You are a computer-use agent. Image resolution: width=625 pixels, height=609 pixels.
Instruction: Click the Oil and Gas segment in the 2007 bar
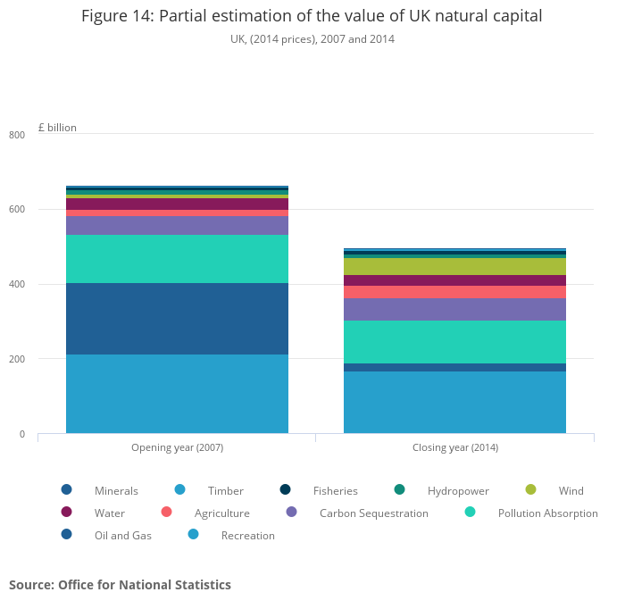[x=177, y=319]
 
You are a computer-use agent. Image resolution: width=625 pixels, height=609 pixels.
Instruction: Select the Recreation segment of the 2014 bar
[x=454, y=402]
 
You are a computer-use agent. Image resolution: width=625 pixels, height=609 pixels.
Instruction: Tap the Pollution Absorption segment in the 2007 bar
[x=177, y=259]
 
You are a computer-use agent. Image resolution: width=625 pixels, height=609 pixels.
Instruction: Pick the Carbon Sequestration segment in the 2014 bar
[x=454, y=309]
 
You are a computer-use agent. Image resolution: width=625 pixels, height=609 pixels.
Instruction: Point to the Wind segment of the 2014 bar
[x=454, y=266]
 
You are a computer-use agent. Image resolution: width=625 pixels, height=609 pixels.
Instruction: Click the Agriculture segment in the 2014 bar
[x=454, y=292]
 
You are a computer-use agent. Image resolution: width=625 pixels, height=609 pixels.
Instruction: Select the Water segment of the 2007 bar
[x=177, y=204]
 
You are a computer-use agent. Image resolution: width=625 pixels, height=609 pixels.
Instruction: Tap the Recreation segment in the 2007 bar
[x=177, y=394]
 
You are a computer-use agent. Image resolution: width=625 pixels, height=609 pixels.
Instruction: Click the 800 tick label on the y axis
[x=17, y=135]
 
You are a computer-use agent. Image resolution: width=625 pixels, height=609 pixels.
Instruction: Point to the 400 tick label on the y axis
[x=17, y=285]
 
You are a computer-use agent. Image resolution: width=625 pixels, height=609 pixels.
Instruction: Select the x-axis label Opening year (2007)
[x=177, y=447]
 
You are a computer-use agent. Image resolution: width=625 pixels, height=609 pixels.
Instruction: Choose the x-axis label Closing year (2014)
[x=454, y=447]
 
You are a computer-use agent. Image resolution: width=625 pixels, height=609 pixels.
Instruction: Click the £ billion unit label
[x=57, y=128]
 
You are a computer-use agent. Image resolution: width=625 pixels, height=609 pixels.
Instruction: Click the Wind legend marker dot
[x=530, y=489]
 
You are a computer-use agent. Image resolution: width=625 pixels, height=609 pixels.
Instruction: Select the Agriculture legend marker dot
[x=166, y=512]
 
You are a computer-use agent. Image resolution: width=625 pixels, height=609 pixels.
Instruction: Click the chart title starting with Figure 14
[x=312, y=16]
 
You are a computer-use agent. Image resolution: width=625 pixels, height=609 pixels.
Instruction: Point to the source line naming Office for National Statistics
[x=120, y=585]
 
